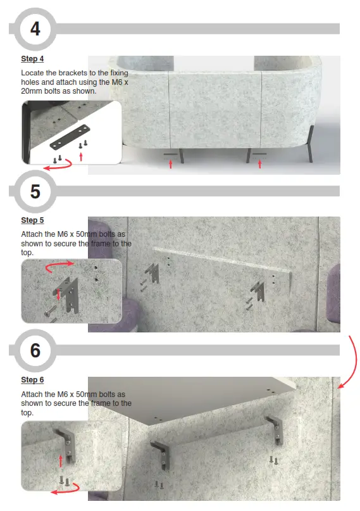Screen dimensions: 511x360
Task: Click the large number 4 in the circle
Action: click(x=35, y=28)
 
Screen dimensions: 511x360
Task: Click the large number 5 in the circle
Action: click(x=35, y=191)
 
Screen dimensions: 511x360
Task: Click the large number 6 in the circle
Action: click(x=35, y=350)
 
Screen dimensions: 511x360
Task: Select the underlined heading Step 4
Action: click(x=32, y=59)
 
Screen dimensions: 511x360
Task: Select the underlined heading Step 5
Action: click(x=32, y=220)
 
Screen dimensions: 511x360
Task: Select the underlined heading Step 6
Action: click(x=32, y=380)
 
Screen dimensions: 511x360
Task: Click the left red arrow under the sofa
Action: click(x=170, y=164)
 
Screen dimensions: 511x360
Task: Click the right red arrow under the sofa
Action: click(x=260, y=164)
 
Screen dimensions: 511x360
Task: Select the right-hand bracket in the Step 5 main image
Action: click(x=259, y=288)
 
